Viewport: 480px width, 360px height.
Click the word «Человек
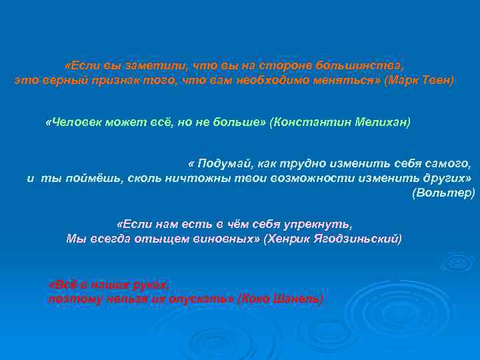pos(71,123)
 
